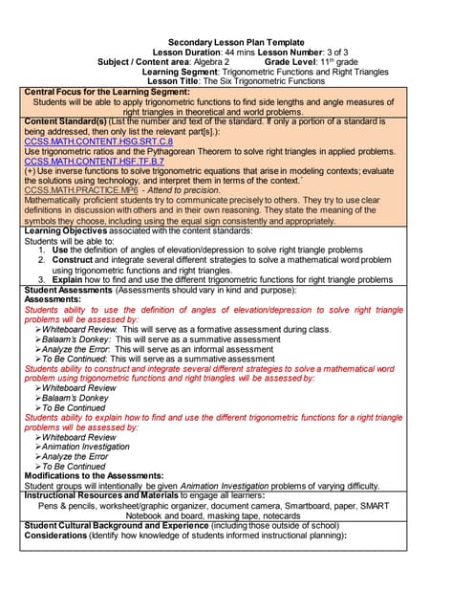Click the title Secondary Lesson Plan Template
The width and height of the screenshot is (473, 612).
(235, 43)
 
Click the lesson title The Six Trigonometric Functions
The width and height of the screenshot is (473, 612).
(259, 81)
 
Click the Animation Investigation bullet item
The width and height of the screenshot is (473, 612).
(92, 447)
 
